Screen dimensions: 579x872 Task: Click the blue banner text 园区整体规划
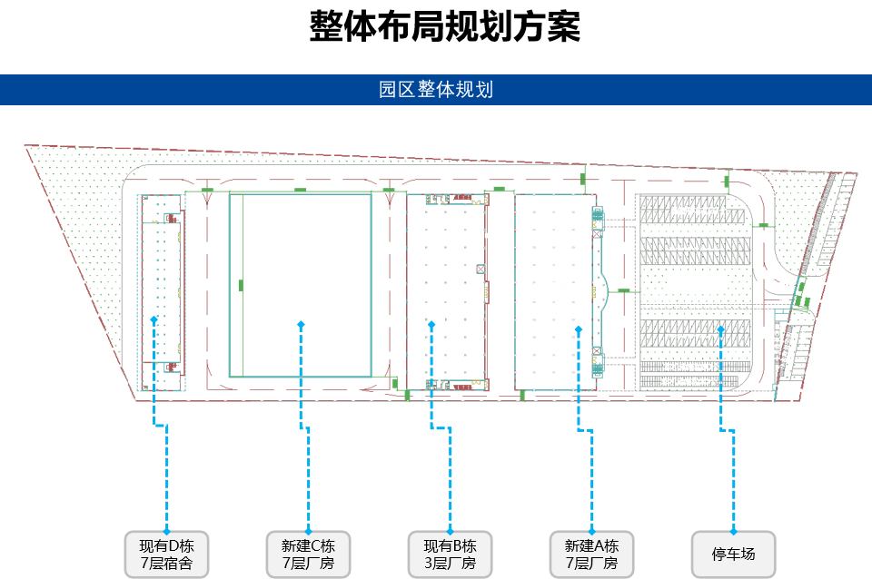click(x=436, y=90)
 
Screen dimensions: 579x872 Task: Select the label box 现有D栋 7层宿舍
click(x=166, y=554)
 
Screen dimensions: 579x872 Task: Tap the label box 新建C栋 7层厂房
click(x=308, y=554)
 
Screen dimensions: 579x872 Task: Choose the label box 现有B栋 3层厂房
click(x=450, y=554)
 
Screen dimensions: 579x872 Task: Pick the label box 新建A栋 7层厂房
click(x=591, y=554)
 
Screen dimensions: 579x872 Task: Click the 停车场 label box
click(x=734, y=554)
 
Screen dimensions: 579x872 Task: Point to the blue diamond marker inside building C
click(x=301, y=323)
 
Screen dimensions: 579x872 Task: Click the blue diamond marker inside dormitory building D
click(x=154, y=319)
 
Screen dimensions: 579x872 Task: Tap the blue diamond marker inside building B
click(x=431, y=322)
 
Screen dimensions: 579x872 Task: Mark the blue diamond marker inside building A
click(x=578, y=329)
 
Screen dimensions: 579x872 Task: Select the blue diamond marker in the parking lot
click(x=721, y=329)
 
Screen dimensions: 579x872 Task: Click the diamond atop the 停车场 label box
click(x=734, y=529)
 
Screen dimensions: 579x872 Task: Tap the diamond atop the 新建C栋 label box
click(x=308, y=529)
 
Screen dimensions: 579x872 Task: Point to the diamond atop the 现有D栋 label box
click(x=166, y=529)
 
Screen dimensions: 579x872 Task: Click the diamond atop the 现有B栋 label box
click(x=450, y=529)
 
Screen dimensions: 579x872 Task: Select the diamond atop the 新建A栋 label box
click(x=591, y=529)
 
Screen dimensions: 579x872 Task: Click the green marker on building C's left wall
click(x=241, y=285)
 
